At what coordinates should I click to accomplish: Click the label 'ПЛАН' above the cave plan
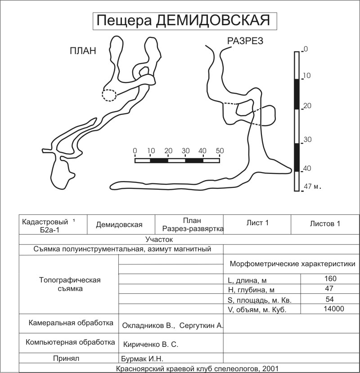coord(83,50)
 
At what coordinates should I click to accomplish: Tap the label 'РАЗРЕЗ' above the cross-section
coord(245,41)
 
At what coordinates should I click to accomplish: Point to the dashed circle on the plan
coord(109,95)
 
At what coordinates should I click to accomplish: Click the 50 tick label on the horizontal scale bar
coord(219,150)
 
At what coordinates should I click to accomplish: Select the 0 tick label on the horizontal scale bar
coord(135,150)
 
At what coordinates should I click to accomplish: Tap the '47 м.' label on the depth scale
coord(315,186)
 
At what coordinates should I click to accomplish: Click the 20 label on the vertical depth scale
coord(307,106)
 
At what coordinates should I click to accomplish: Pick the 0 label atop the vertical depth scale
coord(306,49)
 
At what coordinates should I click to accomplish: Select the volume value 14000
coord(333,309)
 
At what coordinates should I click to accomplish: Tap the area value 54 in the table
coord(330,299)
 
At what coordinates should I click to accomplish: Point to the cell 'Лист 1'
coord(257,223)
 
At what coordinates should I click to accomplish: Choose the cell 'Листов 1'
coord(325,223)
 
